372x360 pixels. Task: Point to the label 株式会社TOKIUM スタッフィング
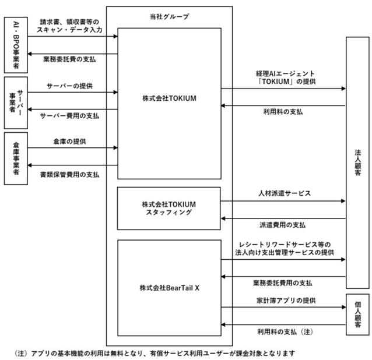click(x=169, y=208)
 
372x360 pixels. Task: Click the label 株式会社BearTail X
click(x=170, y=288)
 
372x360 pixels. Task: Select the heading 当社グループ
click(x=170, y=16)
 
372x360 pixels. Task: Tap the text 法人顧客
click(x=358, y=163)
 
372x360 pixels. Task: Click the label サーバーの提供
click(x=69, y=86)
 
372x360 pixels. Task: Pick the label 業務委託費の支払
click(x=69, y=59)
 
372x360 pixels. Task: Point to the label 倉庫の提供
click(x=69, y=142)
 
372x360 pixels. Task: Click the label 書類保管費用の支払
click(x=69, y=175)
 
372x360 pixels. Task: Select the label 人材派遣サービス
click(x=285, y=193)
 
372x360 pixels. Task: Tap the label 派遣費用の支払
click(x=283, y=225)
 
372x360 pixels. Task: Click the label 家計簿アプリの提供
click(x=286, y=300)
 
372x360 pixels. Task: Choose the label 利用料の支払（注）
click(x=285, y=331)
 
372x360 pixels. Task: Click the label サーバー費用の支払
click(x=69, y=116)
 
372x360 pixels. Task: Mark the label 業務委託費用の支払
click(x=283, y=283)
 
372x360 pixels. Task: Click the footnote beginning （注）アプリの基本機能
click(x=155, y=354)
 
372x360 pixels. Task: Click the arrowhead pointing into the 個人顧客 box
click(x=344, y=307)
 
